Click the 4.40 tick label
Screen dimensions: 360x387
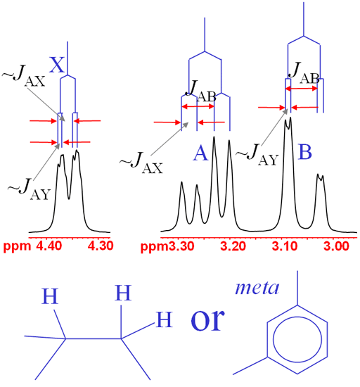[49, 246]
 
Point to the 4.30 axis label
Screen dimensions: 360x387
[101, 246]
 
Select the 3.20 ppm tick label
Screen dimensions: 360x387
[233, 246]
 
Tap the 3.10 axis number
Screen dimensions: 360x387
[285, 246]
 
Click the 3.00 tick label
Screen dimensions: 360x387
[336, 246]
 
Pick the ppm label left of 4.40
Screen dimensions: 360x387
[18, 247]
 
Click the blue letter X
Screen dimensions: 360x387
[57, 65]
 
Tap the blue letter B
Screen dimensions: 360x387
[304, 151]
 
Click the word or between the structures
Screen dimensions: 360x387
[208, 320]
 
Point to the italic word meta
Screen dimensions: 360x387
[257, 288]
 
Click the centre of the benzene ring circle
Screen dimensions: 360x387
[297, 339]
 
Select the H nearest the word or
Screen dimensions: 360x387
[165, 319]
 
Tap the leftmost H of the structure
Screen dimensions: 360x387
[50, 296]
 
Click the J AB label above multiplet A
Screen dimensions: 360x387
[201, 91]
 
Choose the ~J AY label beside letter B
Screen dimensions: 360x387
[257, 155]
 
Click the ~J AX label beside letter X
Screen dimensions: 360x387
[24, 76]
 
